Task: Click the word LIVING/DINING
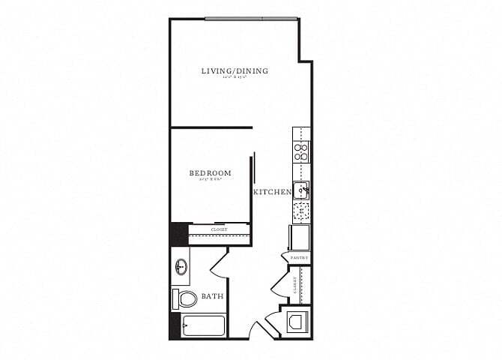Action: (235, 71)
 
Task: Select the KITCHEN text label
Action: (272, 193)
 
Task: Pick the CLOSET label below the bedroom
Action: (219, 229)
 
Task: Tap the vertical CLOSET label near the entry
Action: (296, 285)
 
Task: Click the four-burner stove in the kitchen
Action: (301, 153)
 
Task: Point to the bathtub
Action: (204, 327)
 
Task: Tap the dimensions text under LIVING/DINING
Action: (235, 79)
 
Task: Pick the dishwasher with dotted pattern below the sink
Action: (300, 211)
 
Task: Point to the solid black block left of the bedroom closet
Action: (179, 232)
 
